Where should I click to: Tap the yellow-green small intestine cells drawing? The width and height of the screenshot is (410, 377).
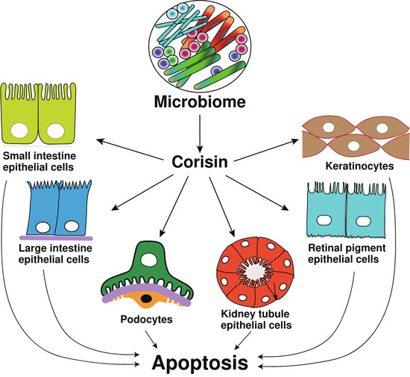[38, 115]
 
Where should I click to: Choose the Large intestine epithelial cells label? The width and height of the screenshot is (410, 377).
[57, 255]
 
